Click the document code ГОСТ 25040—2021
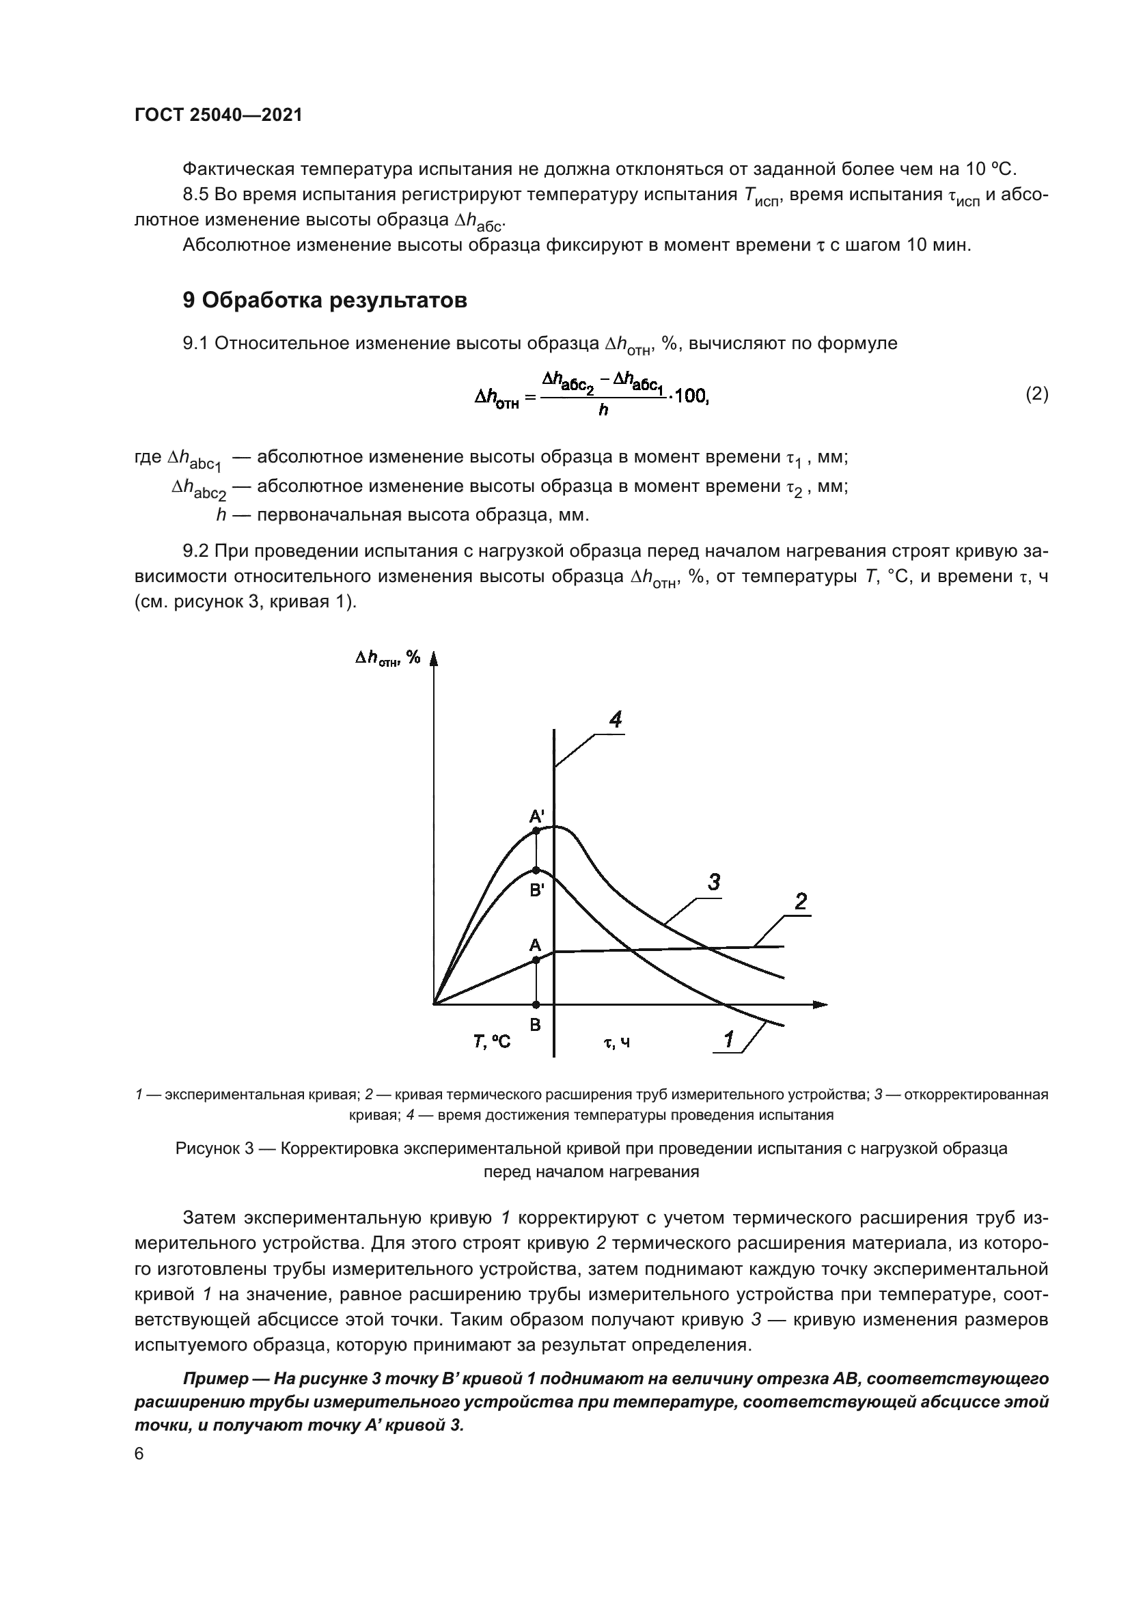[218, 115]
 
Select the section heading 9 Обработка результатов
[325, 301]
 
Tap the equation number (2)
[1037, 395]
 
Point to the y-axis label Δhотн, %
[387, 658]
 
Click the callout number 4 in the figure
[616, 719]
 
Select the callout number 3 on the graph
[714, 883]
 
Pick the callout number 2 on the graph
[801, 902]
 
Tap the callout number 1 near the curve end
[728, 1040]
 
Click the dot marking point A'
[536, 831]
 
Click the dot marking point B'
[536, 870]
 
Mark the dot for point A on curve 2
[536, 960]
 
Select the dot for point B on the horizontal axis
[536, 1004]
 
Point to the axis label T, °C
[491, 1042]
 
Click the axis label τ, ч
[616, 1043]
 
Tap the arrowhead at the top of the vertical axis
[434, 658]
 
